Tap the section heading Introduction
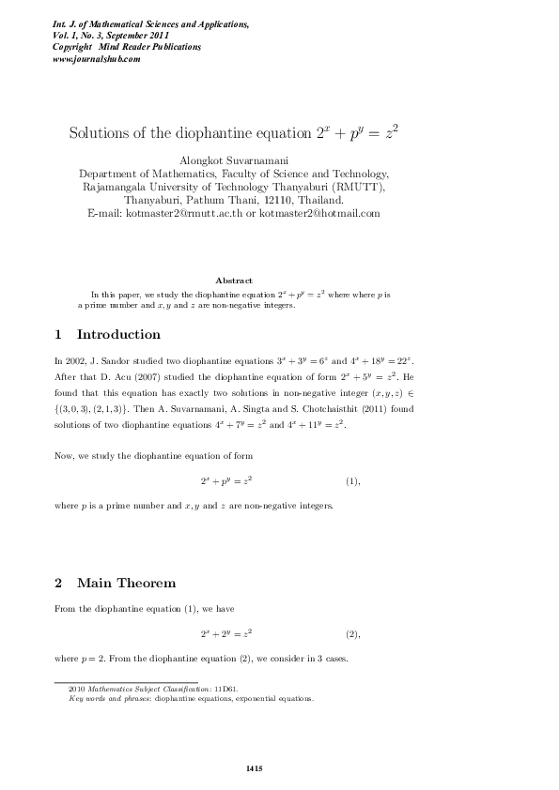coord(118,335)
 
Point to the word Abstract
coord(234,281)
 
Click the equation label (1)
coord(352,481)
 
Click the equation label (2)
coord(352,634)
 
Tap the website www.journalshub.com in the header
coord(97,58)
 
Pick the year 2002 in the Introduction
coord(77,360)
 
